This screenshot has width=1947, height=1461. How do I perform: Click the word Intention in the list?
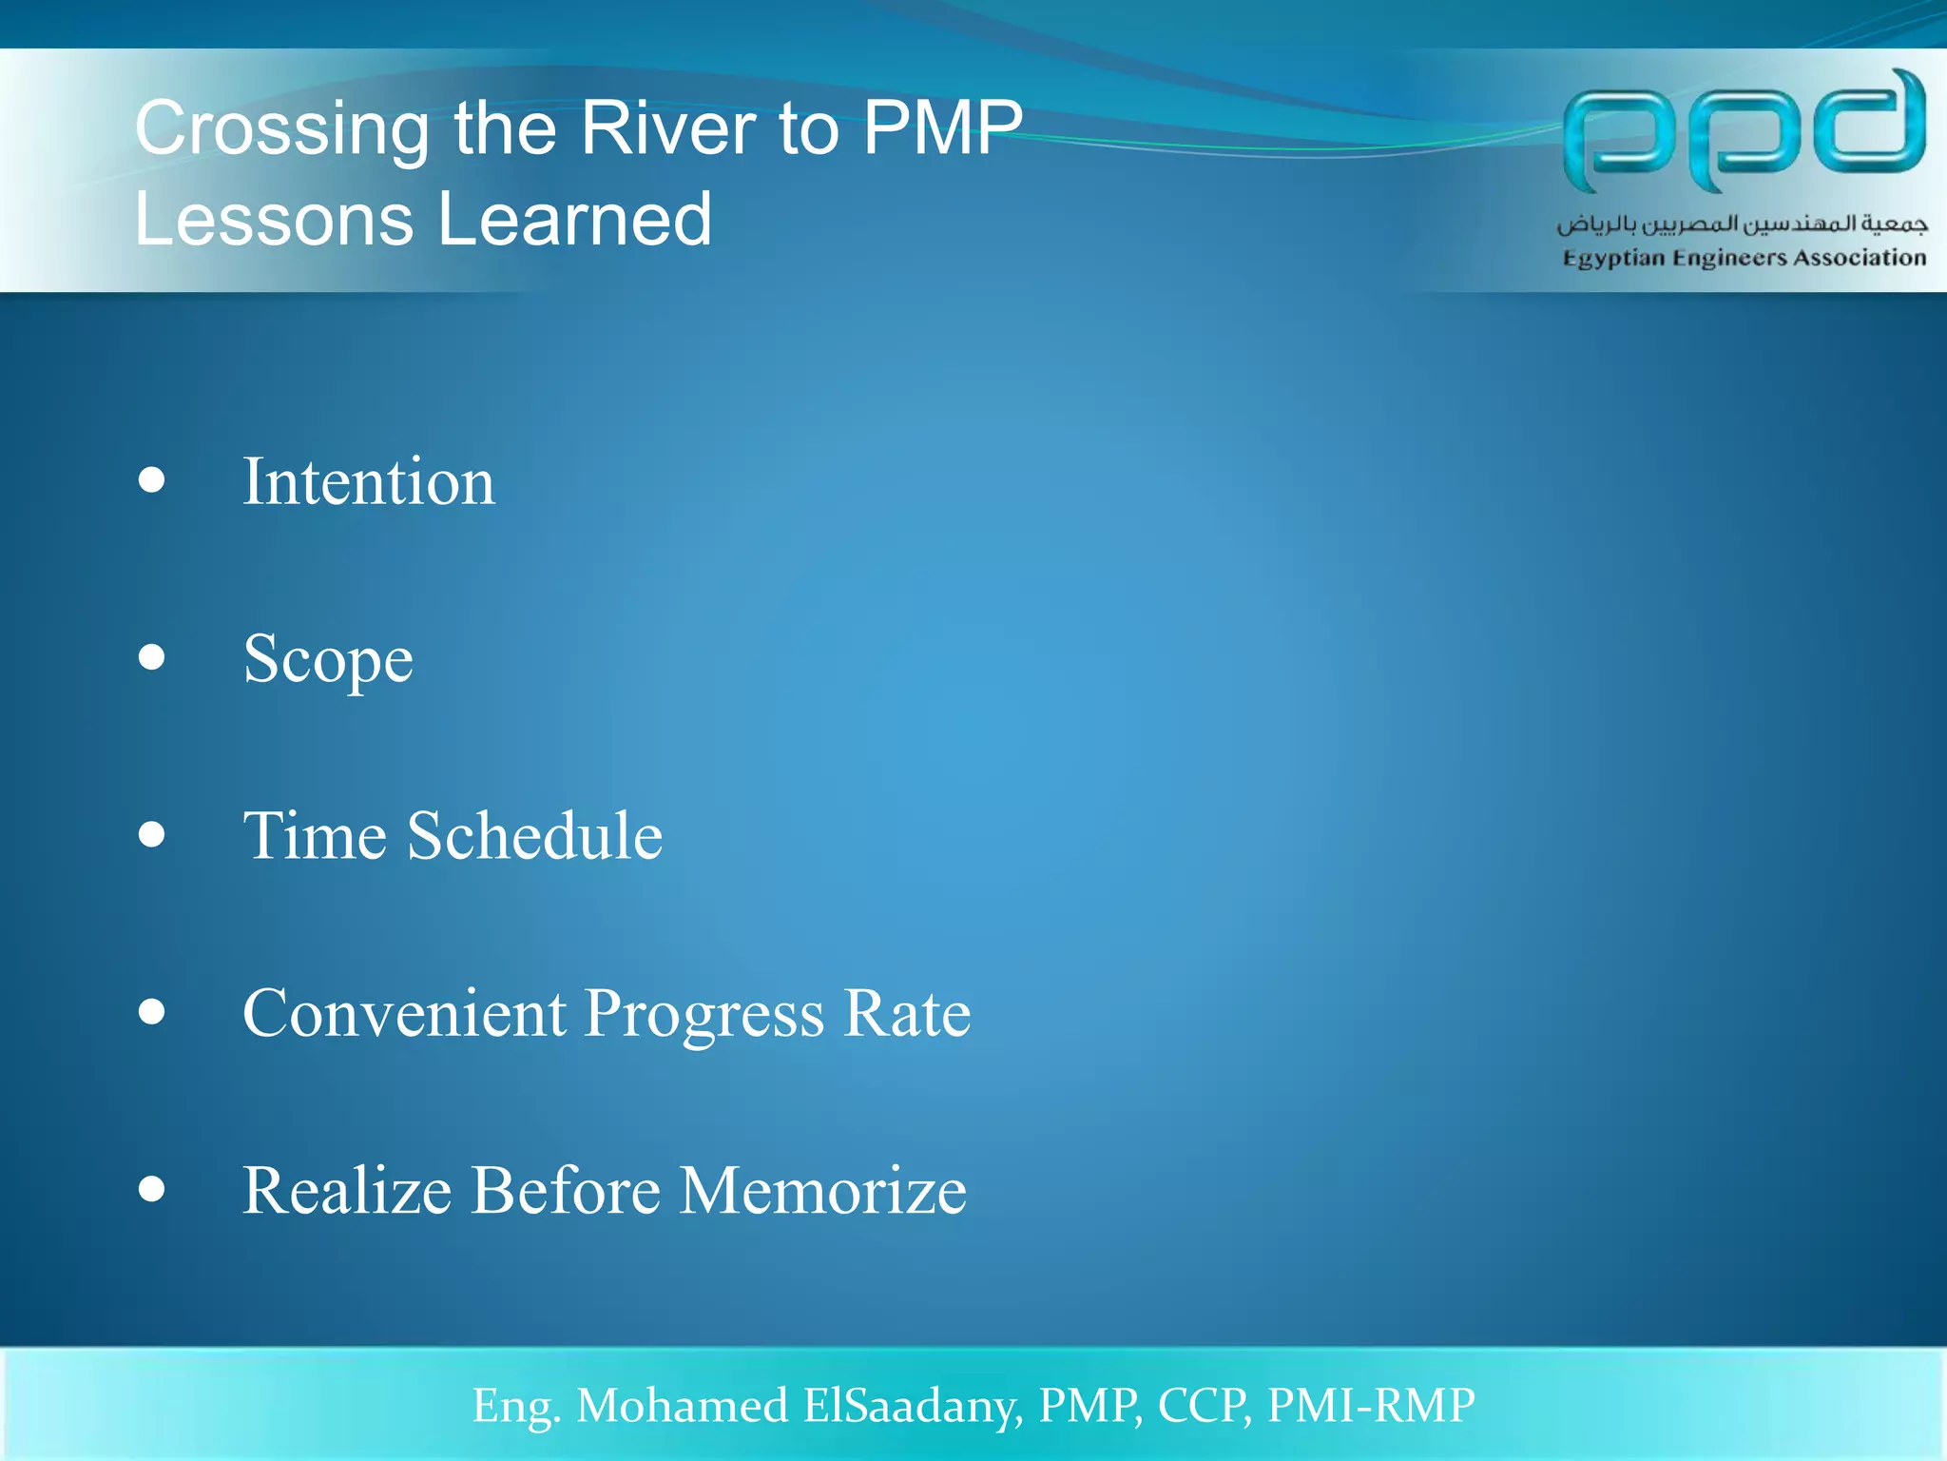coord(369,481)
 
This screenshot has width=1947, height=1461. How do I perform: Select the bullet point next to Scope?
coord(151,657)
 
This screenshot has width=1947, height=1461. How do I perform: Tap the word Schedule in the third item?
coord(534,836)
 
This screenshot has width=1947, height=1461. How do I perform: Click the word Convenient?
coord(404,1013)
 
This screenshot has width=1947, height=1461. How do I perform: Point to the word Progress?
coord(704,1015)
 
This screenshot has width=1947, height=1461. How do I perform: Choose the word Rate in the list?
coord(907,1013)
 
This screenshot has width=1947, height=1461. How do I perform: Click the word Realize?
coord(347,1190)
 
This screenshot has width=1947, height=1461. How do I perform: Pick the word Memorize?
coord(823,1190)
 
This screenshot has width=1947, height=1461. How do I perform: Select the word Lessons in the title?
coord(274,219)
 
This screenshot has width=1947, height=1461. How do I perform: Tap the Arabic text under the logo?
coord(1742,224)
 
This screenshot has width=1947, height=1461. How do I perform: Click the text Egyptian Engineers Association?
coord(1744,258)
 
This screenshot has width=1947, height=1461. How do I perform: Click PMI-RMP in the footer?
coord(1371,1406)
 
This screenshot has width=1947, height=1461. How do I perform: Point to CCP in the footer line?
coord(1203,1406)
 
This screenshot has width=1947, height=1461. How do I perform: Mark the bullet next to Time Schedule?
coord(151,834)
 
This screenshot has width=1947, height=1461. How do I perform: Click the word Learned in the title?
coord(574,219)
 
